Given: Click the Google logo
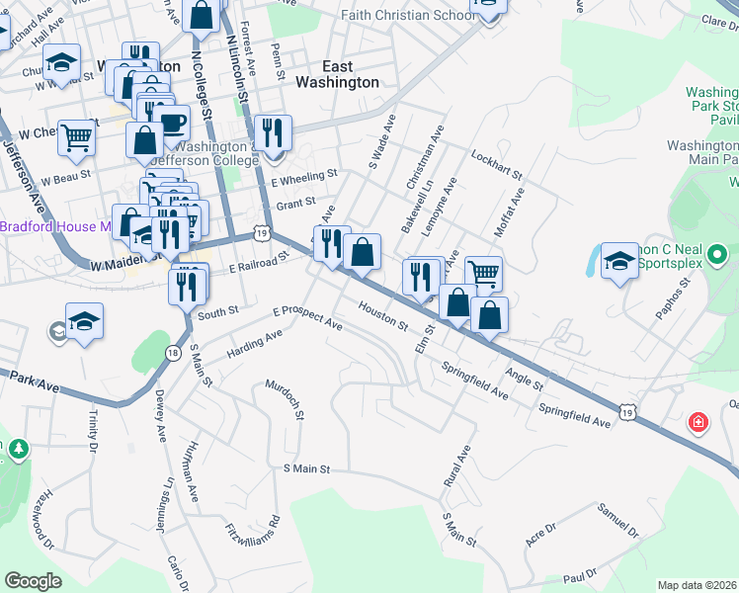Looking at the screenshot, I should (33, 581).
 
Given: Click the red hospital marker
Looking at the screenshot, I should (699, 422).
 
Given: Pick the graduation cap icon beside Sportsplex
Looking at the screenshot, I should (619, 261).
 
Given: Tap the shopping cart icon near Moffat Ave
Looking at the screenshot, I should (483, 274).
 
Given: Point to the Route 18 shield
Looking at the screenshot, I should (173, 353).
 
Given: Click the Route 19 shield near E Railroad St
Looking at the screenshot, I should (260, 233).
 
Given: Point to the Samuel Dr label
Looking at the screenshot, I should (618, 520).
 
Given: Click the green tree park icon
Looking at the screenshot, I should (18, 451).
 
